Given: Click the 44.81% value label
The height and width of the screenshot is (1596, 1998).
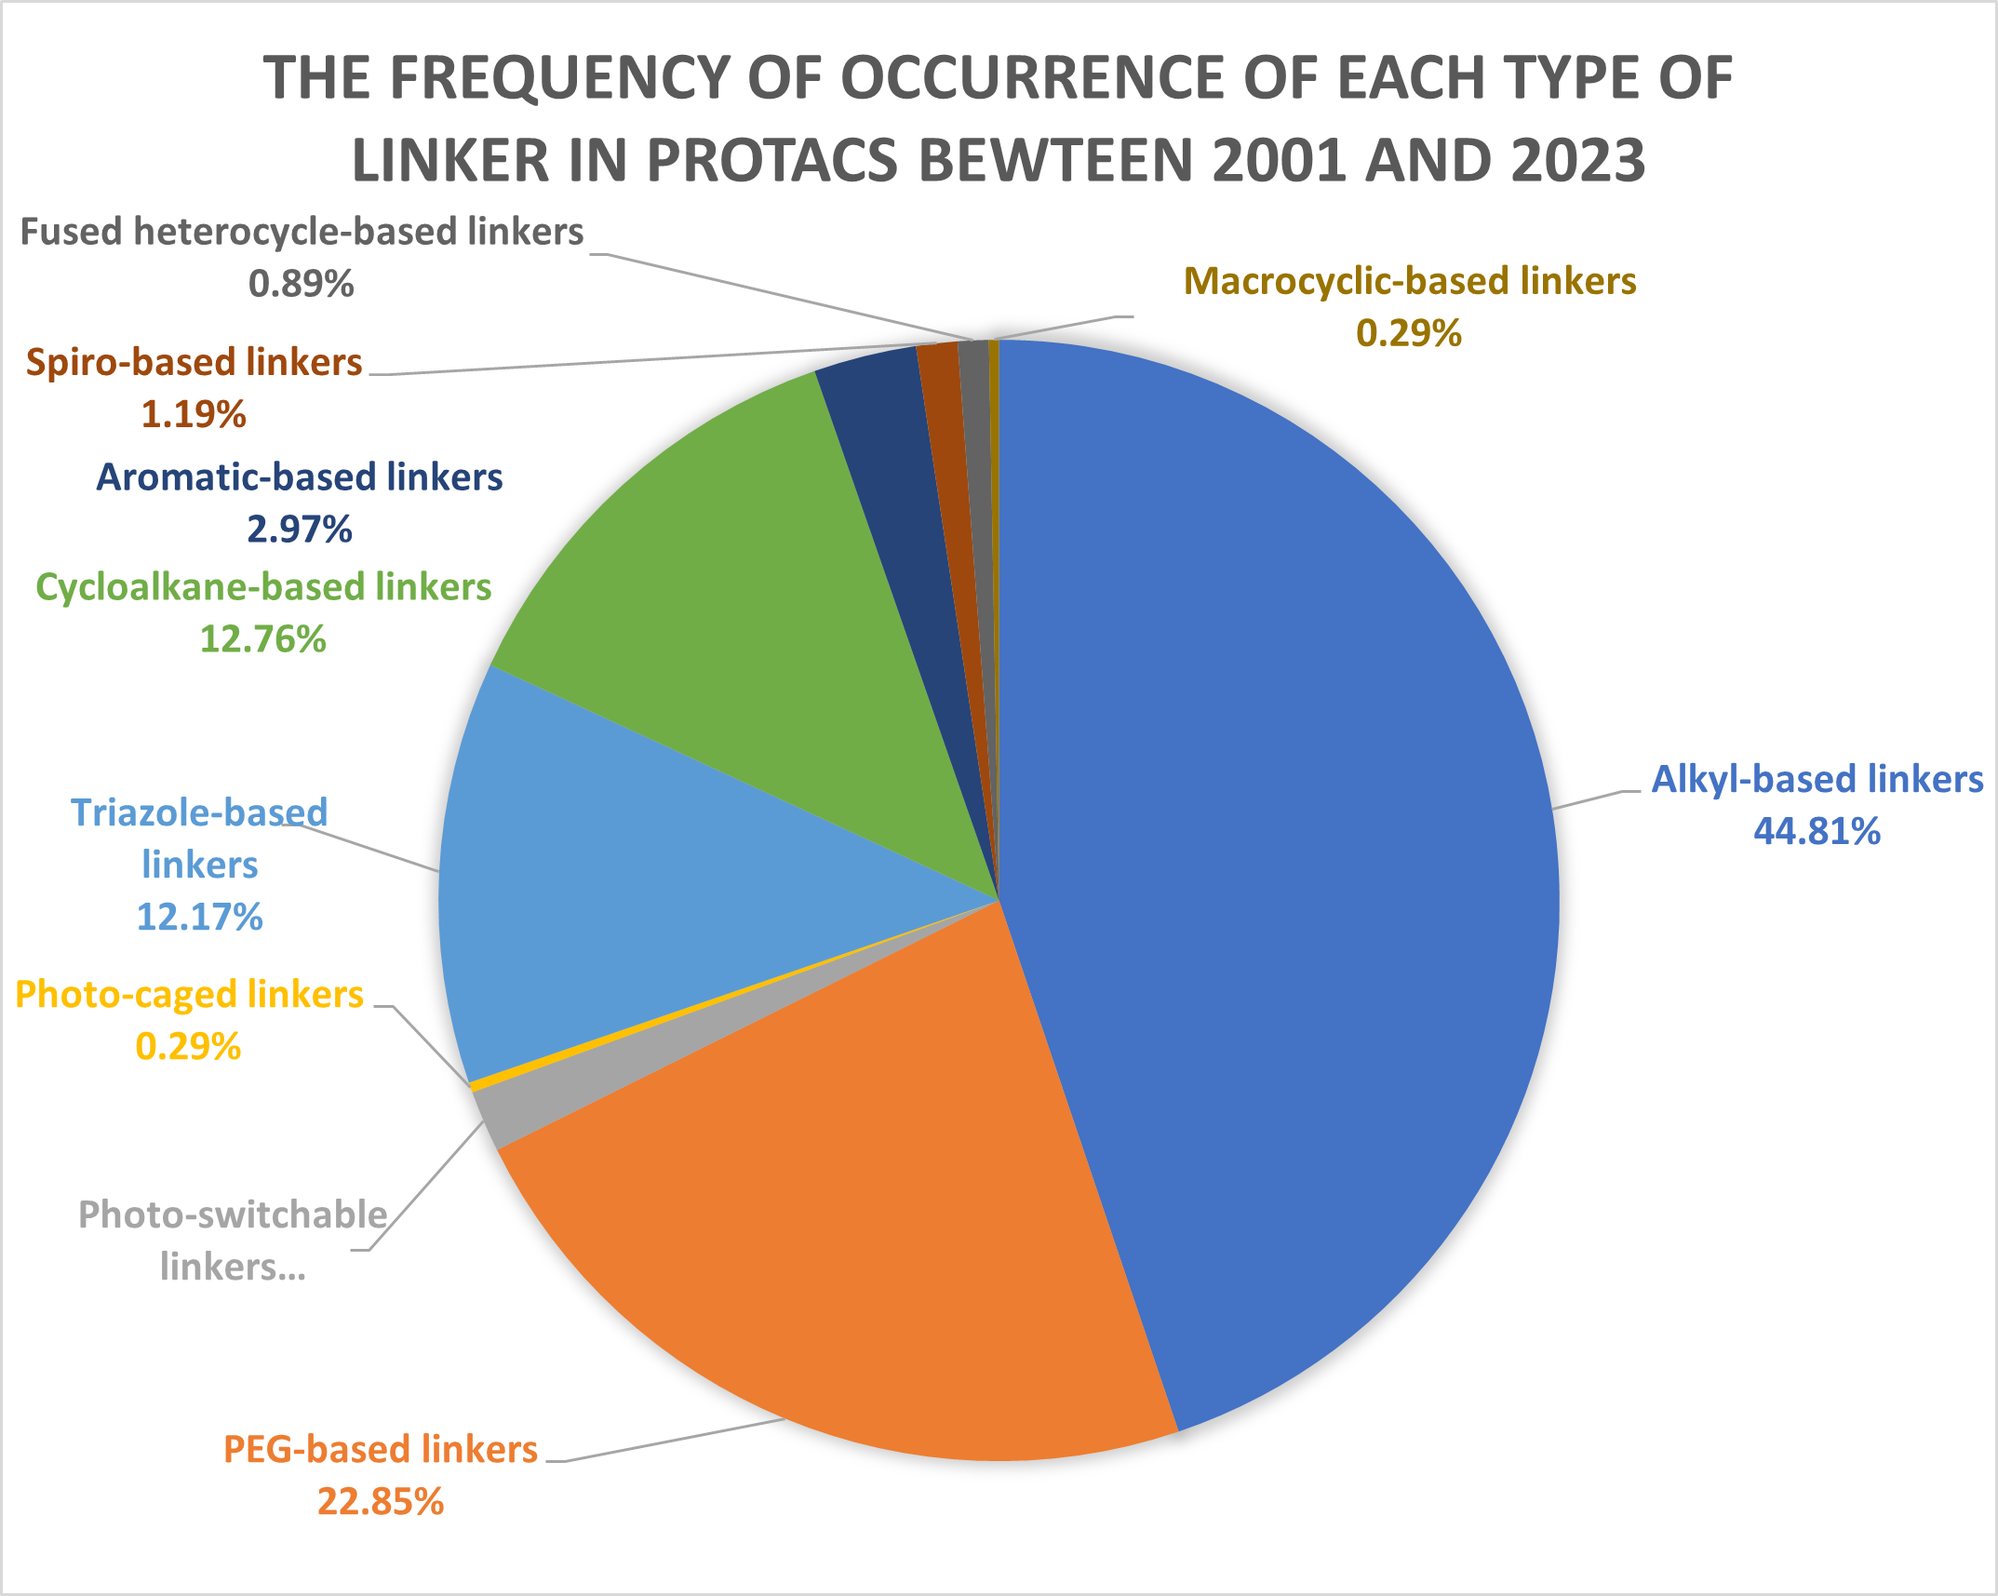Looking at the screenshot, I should [1817, 831].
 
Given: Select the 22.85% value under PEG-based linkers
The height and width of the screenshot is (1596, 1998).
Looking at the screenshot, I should [380, 1501].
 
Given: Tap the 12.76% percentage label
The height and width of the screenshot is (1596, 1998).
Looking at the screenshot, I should [262, 639].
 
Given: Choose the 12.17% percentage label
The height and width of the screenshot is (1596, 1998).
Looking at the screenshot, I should [199, 918].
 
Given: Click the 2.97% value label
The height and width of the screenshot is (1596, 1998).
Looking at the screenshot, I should [299, 530].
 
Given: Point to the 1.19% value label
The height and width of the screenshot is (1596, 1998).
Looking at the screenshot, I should [194, 414].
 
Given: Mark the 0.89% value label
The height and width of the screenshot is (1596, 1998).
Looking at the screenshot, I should [301, 284].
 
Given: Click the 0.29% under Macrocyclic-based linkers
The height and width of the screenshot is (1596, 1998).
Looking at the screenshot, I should [1409, 333].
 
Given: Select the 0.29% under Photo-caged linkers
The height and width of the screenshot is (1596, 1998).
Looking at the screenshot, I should [188, 1047].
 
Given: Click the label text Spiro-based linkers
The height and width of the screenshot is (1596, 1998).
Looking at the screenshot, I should [194, 362].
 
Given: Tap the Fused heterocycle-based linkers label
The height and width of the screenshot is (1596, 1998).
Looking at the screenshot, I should [302, 232].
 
